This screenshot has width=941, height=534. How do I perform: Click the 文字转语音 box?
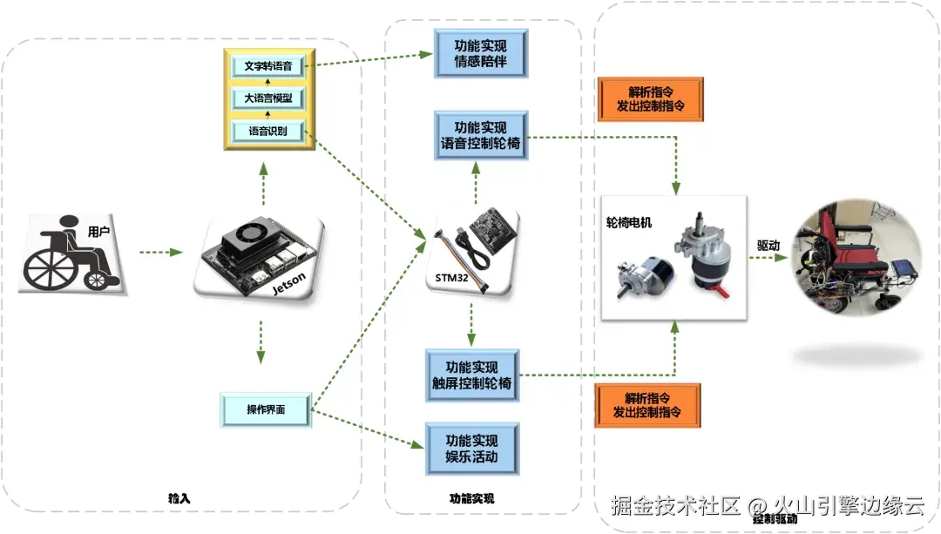pyautogui.click(x=268, y=64)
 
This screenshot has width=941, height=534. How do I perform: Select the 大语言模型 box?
pyautogui.click(x=268, y=98)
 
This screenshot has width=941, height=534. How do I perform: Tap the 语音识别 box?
pyautogui.click(x=268, y=132)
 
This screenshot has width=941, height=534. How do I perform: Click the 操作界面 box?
pyautogui.click(x=266, y=409)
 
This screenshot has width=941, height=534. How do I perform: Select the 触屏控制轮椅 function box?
pyautogui.click(x=471, y=375)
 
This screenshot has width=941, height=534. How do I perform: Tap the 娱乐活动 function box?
pyautogui.click(x=471, y=448)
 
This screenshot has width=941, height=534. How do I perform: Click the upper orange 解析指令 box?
pyautogui.click(x=650, y=98)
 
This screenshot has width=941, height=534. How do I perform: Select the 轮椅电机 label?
pyautogui.click(x=628, y=223)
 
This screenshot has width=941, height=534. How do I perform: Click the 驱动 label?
pyautogui.click(x=768, y=247)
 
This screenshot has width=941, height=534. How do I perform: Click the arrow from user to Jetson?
pyautogui.click(x=160, y=253)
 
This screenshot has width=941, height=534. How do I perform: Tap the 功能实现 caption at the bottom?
pyautogui.click(x=471, y=499)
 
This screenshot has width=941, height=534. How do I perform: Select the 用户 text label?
pyautogui.click(x=99, y=232)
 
